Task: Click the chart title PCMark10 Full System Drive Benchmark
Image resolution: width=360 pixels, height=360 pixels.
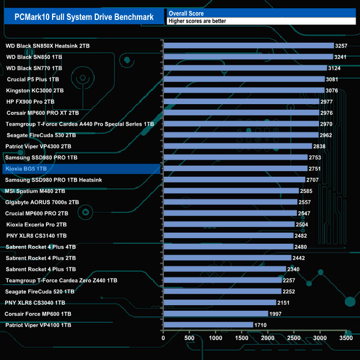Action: (x=84, y=17)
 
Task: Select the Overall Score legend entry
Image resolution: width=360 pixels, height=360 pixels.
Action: (x=186, y=13)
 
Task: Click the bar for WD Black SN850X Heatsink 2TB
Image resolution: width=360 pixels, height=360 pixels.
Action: (x=249, y=45)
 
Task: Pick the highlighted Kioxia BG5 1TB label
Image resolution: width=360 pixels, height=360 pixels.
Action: (x=26, y=168)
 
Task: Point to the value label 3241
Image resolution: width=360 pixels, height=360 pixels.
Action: (x=341, y=56)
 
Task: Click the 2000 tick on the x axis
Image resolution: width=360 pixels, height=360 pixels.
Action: (x=268, y=337)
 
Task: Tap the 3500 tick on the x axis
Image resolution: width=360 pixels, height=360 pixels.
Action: (x=346, y=337)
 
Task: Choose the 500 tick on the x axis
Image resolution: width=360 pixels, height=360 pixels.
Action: (x=189, y=337)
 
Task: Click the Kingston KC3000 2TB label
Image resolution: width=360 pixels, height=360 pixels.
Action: (x=35, y=90)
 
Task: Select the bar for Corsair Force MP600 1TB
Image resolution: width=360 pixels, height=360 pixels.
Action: (x=215, y=314)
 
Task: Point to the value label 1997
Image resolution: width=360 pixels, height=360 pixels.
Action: (x=277, y=314)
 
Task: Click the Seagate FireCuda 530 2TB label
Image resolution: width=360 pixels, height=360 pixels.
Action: (x=42, y=135)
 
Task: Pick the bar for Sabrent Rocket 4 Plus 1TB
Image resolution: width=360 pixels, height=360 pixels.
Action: (x=224, y=269)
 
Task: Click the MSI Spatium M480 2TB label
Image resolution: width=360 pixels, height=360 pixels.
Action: (x=35, y=191)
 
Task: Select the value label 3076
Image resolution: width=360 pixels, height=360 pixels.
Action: (x=332, y=90)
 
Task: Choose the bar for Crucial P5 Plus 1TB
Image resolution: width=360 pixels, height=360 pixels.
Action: (x=244, y=79)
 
